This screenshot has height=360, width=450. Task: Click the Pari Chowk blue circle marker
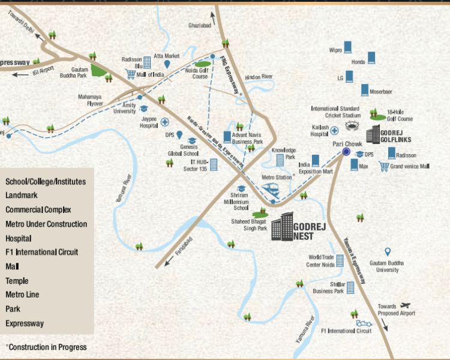(x=346, y=152)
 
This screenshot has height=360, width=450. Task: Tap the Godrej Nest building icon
(x=281, y=227)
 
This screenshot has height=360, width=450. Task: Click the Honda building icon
(x=372, y=58)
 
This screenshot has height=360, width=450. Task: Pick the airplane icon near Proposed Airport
(x=405, y=305)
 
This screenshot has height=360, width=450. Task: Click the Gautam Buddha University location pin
(x=387, y=252)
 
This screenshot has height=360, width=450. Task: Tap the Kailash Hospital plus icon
(x=334, y=130)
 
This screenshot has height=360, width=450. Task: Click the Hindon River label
(x=259, y=77)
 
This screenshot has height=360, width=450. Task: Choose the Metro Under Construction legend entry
(x=46, y=224)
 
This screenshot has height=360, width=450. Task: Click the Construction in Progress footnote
(x=46, y=347)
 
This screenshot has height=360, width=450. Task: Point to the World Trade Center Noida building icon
(x=340, y=260)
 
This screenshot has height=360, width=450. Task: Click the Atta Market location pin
(x=169, y=64)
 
